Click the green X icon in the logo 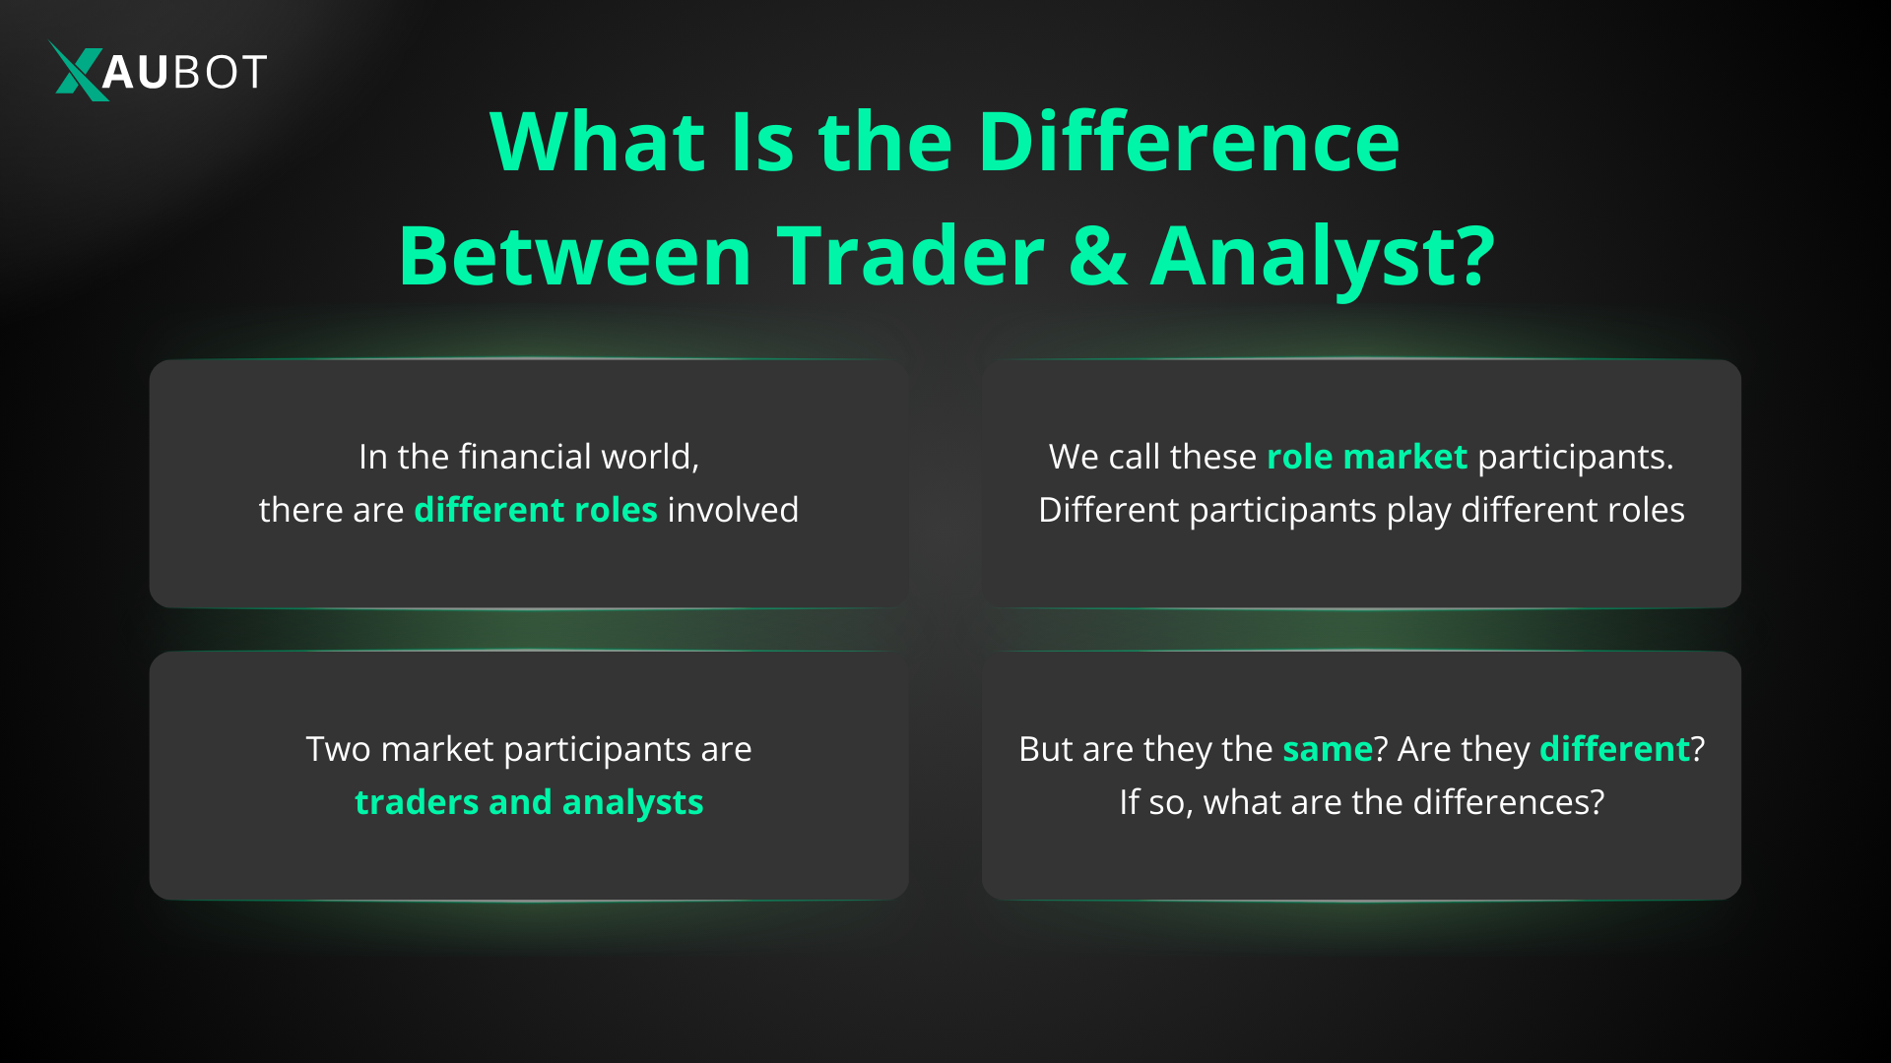point(77,71)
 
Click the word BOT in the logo point(219,72)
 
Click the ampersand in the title point(1097,256)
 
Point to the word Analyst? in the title point(1323,256)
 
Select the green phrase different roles point(535,510)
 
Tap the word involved point(733,510)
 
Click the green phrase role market point(1366,457)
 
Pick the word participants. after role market point(1575,457)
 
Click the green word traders point(416,802)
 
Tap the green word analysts point(632,802)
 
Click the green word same point(1327,749)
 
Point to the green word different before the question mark point(1614,749)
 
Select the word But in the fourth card point(1045,749)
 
